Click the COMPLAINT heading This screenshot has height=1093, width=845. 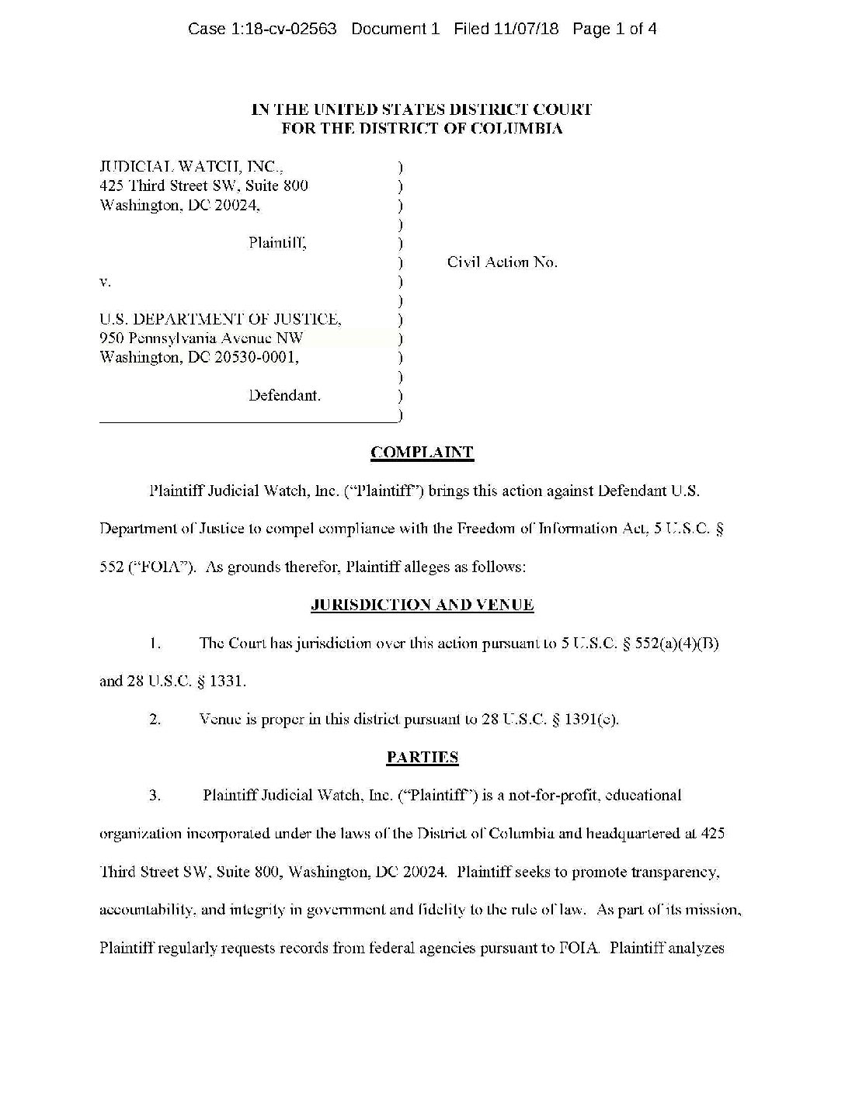[422, 453]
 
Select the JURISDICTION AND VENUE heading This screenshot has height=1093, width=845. [422, 605]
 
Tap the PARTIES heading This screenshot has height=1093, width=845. [422, 757]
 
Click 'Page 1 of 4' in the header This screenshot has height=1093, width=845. [614, 29]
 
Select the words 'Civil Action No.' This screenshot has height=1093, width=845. [502, 262]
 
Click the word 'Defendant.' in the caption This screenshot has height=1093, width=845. [284, 395]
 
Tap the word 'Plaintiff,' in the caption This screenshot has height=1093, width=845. [277, 243]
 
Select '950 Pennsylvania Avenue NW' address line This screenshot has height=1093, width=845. [201, 338]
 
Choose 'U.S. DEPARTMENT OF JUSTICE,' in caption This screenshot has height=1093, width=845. [220, 319]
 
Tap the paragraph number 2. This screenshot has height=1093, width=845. [155, 720]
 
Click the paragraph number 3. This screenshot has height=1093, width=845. [155, 795]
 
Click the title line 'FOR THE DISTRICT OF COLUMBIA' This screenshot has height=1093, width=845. [422, 129]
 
